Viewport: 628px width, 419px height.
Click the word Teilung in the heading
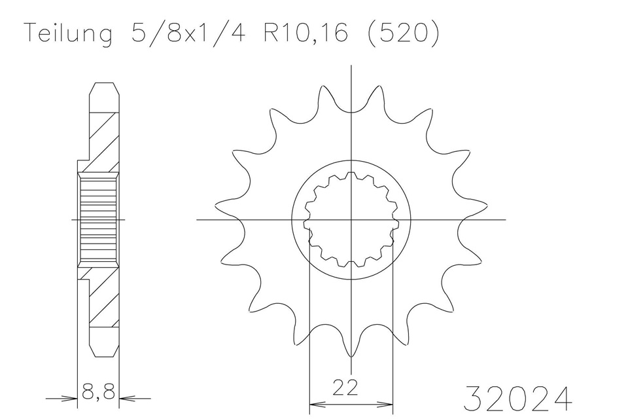click(x=69, y=33)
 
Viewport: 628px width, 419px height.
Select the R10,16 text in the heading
click(x=305, y=33)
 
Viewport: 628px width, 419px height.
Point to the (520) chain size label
click(x=402, y=33)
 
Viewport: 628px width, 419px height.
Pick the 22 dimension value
click(x=345, y=388)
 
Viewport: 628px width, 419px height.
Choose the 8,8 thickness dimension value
click(x=98, y=391)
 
